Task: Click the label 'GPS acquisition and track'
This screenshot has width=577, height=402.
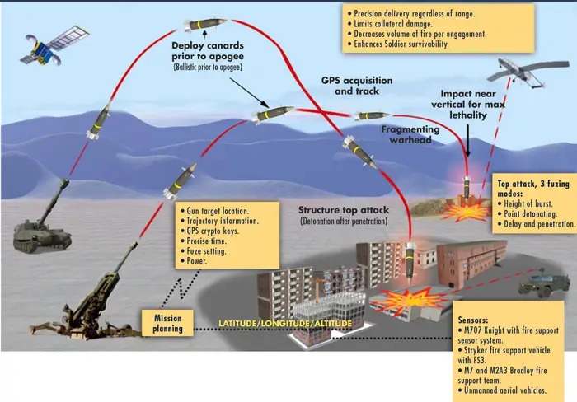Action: [x=355, y=86]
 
